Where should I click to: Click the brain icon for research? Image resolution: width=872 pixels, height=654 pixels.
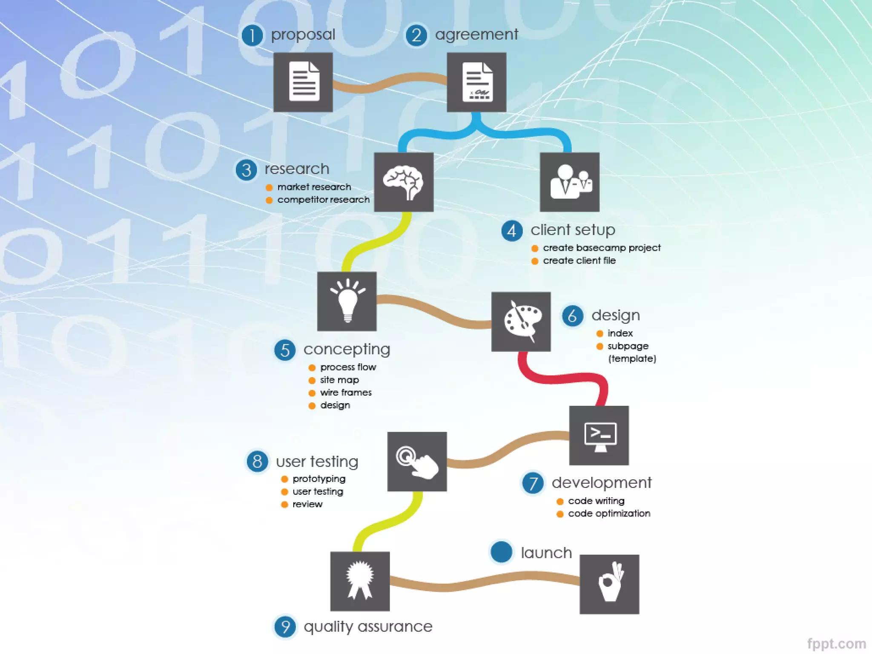coord(404,182)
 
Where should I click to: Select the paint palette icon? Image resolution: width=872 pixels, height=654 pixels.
coord(521,321)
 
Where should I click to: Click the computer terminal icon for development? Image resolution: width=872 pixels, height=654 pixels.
coord(599,436)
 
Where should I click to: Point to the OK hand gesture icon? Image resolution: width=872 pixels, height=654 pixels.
coord(609,584)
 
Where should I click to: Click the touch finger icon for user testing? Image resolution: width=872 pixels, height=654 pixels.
coord(417,462)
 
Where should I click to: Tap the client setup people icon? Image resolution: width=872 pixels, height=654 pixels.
coord(570,182)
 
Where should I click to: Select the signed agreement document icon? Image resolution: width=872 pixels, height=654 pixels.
coord(476,82)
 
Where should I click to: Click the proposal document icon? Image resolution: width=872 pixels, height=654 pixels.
coord(303,82)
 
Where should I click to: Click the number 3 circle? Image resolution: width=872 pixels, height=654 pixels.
coord(247,170)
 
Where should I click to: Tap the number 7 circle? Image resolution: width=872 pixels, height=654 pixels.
coord(533,483)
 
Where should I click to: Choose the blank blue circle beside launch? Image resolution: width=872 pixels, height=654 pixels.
coord(501,552)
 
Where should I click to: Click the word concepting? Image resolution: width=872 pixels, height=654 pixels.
coord(347,350)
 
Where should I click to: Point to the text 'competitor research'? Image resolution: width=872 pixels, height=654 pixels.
coord(323,200)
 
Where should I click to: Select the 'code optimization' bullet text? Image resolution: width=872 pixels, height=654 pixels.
coord(609,513)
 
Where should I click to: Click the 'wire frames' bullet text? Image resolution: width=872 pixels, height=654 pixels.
coord(346,393)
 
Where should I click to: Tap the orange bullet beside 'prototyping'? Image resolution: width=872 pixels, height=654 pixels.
coord(285,479)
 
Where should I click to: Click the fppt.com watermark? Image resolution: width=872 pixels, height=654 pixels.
coord(836,643)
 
